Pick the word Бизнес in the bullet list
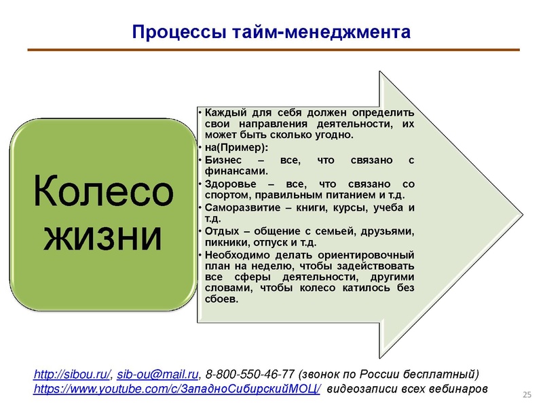point(224,159)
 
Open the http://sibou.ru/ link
point(73,375)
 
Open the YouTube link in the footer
point(177,390)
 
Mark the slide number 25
point(526,395)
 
